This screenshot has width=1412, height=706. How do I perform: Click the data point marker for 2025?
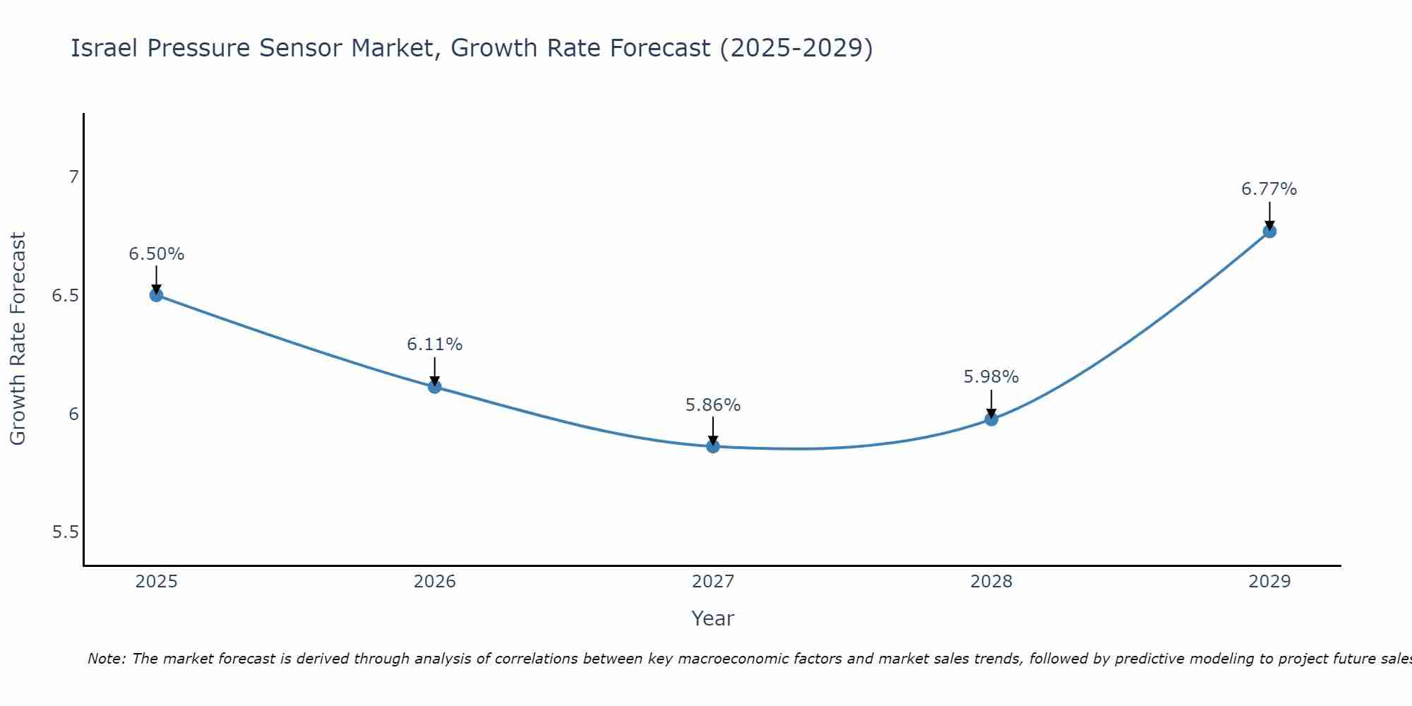coord(156,295)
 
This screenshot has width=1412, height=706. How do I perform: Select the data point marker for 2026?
coord(435,386)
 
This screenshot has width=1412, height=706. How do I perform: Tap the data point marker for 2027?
coord(713,446)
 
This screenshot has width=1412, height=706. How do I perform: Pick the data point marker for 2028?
coord(991,419)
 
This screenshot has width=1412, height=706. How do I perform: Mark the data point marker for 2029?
coord(1269,231)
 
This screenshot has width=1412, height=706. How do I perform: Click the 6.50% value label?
coord(156,254)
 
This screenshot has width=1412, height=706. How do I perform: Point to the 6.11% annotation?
coord(435,345)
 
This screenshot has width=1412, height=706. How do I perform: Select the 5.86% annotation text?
coord(713,405)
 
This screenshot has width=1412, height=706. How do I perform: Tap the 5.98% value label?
coord(991,377)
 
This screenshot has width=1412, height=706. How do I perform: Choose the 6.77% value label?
coord(1269,189)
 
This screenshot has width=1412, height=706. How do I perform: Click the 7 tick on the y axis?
coord(73,177)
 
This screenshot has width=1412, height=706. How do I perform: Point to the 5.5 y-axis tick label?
coord(66,532)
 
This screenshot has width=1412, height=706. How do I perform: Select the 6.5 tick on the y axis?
coord(66,296)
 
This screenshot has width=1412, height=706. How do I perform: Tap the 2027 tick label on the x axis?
coord(713,582)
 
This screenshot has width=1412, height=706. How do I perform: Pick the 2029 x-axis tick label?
coord(1269,582)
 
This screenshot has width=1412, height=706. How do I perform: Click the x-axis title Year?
coord(713,618)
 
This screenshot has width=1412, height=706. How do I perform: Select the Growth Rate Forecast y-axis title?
coord(18,339)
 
